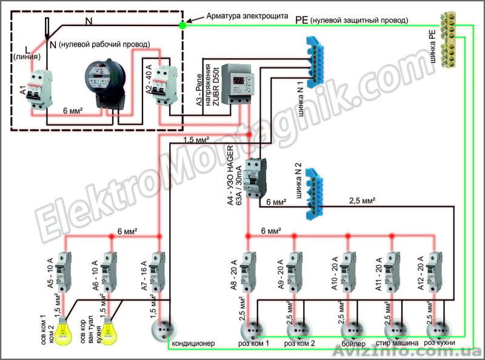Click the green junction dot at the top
182,25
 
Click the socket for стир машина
395,330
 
